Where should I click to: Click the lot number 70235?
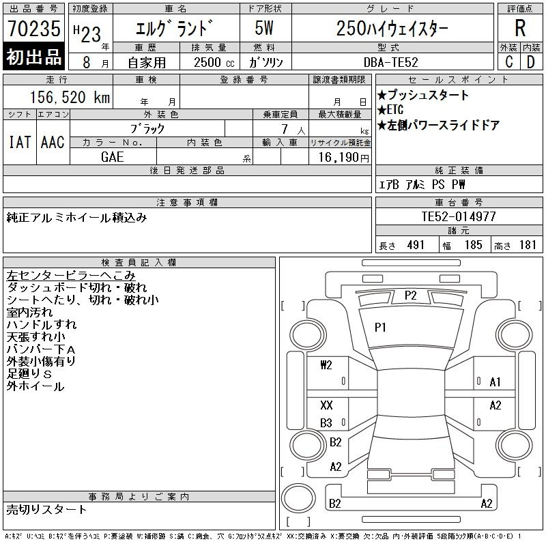click(33, 28)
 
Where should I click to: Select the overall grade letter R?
click(520, 28)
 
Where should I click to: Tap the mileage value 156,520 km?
click(70, 97)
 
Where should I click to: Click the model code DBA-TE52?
click(390, 62)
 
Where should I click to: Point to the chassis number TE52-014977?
click(459, 216)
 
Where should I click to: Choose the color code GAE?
click(113, 157)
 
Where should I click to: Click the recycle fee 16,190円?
click(343, 158)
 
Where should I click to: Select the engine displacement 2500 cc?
click(214, 63)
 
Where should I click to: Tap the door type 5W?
click(264, 28)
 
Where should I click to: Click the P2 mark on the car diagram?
click(411, 296)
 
